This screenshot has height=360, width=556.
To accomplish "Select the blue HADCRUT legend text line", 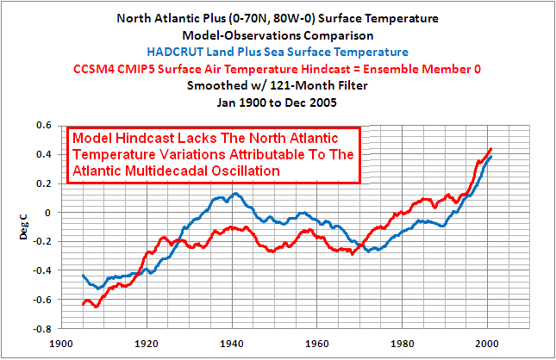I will click(x=278, y=53).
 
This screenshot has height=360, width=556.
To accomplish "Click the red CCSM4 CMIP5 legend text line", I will click(x=278, y=69).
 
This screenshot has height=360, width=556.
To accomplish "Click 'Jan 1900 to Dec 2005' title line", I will click(x=278, y=102).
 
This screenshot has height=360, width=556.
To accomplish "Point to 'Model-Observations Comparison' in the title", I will click(x=278, y=36).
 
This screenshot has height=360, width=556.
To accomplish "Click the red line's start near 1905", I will click(x=83, y=304).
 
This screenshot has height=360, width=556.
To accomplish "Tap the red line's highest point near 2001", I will click(x=490, y=149).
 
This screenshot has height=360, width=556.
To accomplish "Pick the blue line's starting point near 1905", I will click(x=83, y=275).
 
